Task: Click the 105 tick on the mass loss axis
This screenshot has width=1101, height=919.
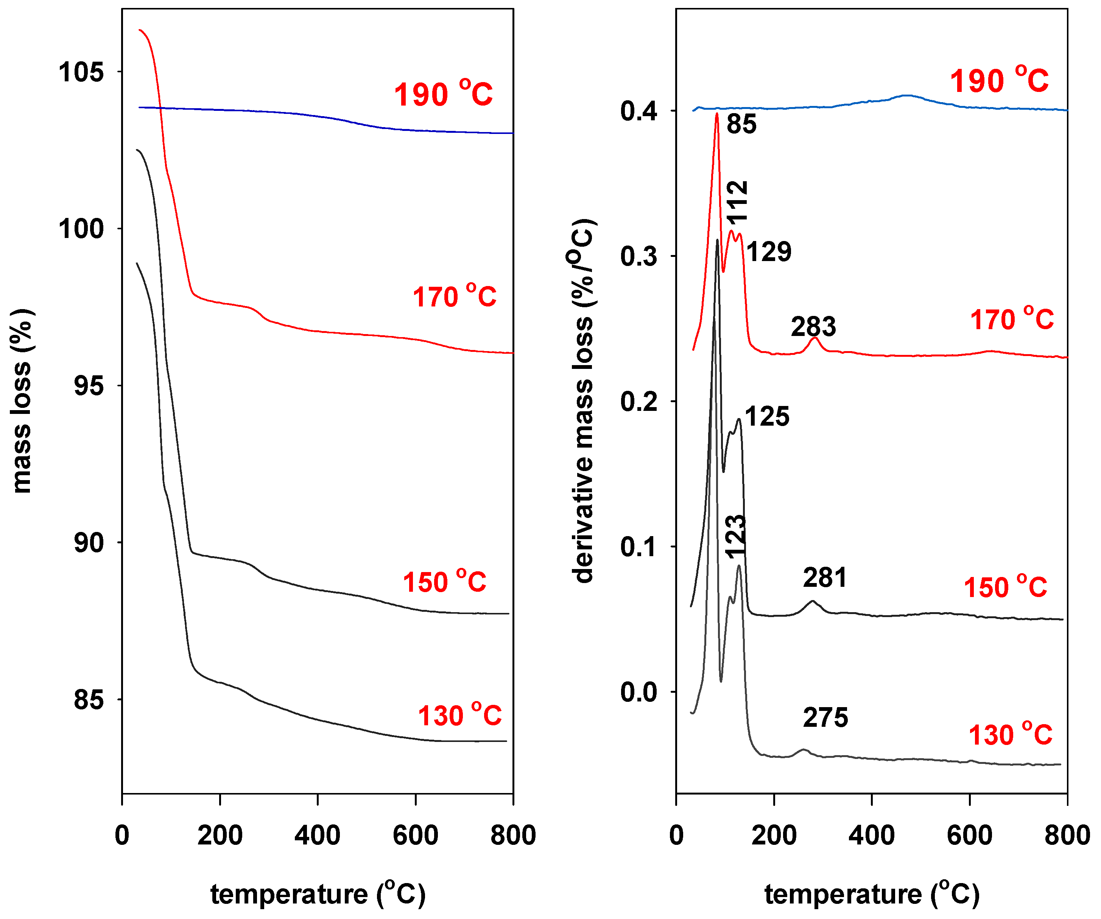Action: (x=81, y=72)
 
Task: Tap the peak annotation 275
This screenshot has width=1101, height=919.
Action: (x=825, y=718)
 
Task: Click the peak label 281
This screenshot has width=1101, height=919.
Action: (x=825, y=578)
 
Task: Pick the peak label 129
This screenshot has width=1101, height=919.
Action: (x=769, y=252)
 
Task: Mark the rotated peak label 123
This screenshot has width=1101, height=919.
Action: (x=735, y=536)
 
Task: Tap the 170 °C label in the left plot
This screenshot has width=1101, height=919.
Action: (x=454, y=296)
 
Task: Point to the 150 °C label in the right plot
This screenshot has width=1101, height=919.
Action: (x=1005, y=587)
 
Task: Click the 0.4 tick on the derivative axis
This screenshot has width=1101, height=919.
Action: (x=638, y=111)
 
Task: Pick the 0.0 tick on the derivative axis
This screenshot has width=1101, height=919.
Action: (x=638, y=692)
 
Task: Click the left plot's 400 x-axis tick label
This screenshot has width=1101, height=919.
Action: (x=317, y=835)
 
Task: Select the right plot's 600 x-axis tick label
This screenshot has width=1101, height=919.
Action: (x=969, y=835)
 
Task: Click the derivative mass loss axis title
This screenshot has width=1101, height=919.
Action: (x=584, y=401)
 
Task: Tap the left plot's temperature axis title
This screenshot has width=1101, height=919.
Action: (x=318, y=894)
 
